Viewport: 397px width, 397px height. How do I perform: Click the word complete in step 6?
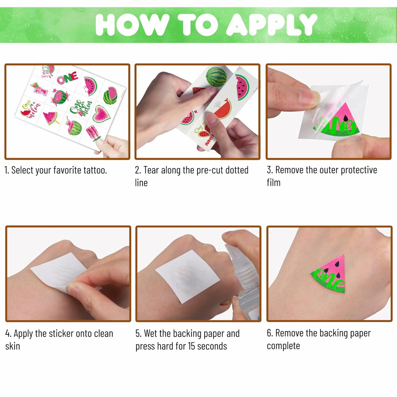pos(283,346)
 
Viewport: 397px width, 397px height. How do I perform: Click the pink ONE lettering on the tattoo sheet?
pos(67,78)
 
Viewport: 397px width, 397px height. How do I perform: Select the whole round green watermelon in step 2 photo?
pos(216,77)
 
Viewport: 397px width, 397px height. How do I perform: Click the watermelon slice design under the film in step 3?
pos(338,121)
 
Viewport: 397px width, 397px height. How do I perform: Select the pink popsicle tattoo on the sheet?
pos(92,134)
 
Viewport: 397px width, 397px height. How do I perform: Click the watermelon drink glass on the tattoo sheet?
pos(40,89)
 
